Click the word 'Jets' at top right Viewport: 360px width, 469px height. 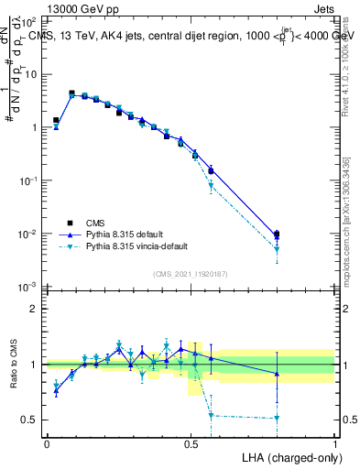point(324,7)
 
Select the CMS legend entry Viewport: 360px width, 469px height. point(94,222)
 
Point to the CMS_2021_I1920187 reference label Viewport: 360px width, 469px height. point(190,273)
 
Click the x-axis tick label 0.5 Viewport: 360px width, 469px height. point(191,442)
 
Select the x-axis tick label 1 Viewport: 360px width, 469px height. point(335,442)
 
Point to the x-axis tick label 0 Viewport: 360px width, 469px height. point(47,442)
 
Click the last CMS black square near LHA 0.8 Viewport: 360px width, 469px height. point(277,234)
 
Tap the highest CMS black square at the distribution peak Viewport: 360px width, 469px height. point(71,93)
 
